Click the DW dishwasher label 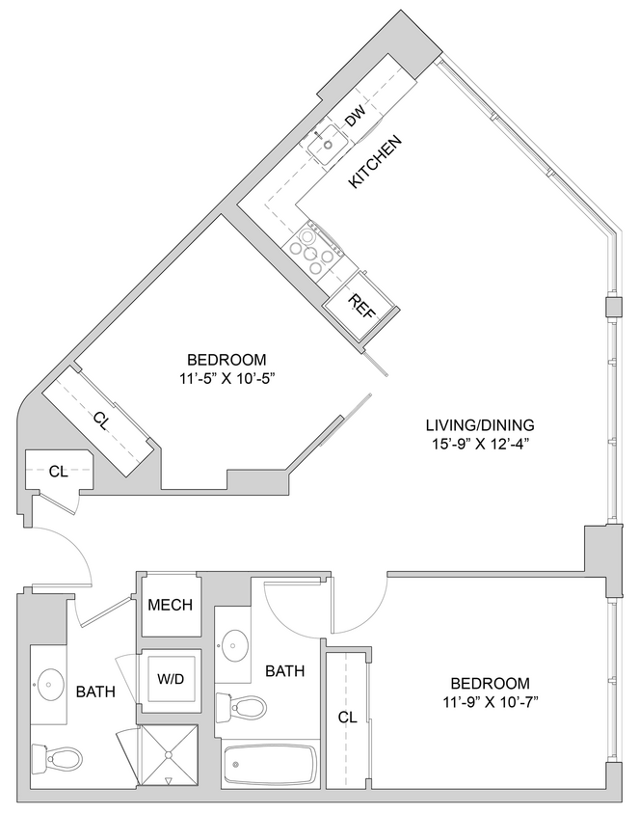(356, 118)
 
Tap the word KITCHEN (374, 161)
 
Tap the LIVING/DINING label (479, 425)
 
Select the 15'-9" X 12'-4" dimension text (479, 444)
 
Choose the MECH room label (170, 606)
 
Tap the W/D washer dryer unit (170, 679)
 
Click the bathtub (270, 765)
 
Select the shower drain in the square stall (169, 779)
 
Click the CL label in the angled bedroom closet (100, 419)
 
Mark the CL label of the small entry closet (59, 471)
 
